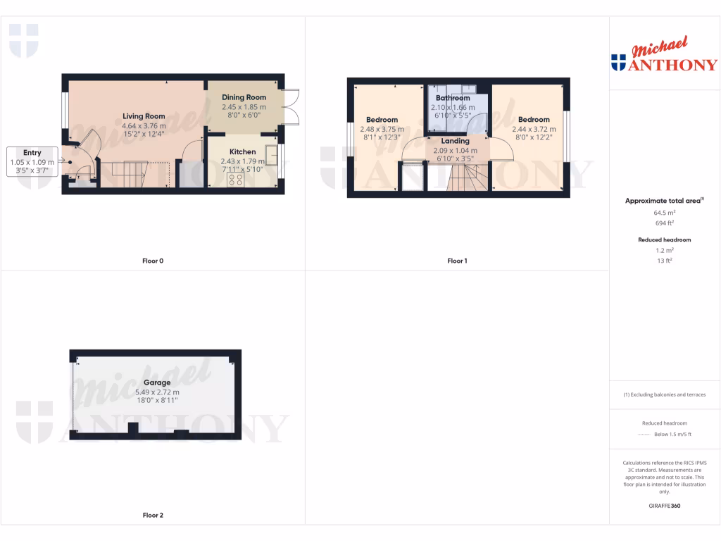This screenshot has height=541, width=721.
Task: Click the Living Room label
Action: [144, 116]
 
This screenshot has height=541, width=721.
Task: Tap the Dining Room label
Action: [244, 97]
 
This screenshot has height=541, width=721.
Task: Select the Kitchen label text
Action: [242, 151]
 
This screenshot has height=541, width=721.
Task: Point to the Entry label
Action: [32, 152]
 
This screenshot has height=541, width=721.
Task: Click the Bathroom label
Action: [452, 98]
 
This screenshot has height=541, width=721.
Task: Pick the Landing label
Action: [455, 141]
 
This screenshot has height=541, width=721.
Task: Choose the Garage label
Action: [157, 383]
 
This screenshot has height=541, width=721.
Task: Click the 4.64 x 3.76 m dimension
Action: [144, 125]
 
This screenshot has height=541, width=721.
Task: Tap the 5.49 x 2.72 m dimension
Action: [157, 392]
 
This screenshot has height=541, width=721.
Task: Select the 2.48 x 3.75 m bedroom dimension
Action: [382, 129]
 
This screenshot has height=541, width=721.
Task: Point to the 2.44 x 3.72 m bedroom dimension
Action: [534, 129]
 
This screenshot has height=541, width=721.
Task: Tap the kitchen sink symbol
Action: [270, 155]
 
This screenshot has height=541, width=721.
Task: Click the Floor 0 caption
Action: [152, 261]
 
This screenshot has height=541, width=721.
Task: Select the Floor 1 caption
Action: [457, 261]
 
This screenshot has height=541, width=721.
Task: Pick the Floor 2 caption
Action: [152, 515]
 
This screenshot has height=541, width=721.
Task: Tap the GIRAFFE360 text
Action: [665, 506]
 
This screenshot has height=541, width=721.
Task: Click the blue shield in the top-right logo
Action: [619, 63]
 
